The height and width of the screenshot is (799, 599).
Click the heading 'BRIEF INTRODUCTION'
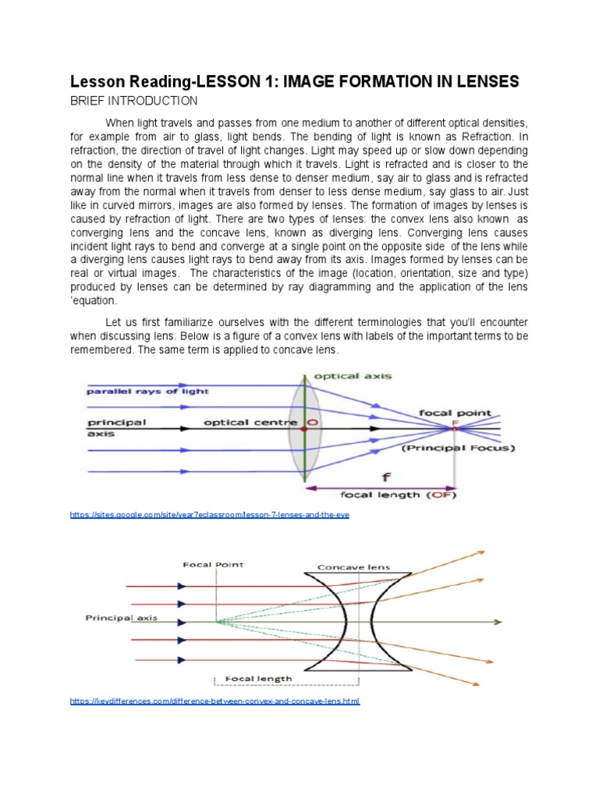tap(133, 101)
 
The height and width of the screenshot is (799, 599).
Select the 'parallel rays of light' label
tap(141, 391)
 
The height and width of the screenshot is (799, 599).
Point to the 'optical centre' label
tap(250, 423)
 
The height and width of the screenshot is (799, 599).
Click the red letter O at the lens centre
tap(312, 423)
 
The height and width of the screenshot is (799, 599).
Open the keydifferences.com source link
tap(214, 701)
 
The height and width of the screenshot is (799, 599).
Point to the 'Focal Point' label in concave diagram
tap(204, 563)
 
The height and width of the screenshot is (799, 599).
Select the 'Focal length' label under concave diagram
tap(258, 678)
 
